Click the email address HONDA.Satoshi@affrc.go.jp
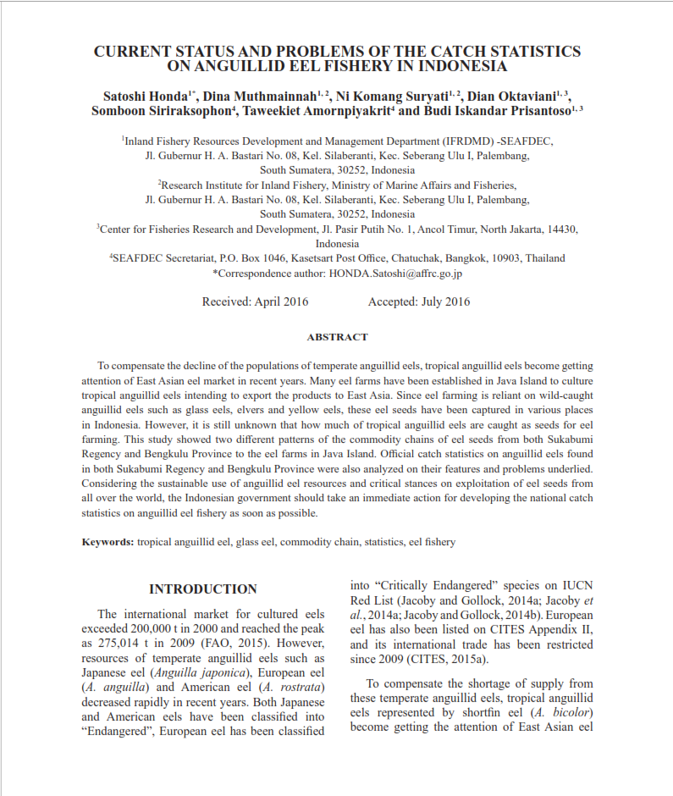(x=395, y=274)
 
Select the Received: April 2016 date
(x=255, y=301)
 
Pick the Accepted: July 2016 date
(x=419, y=301)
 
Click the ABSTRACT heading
(x=337, y=337)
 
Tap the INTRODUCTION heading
(x=203, y=589)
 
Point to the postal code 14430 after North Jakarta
(x=561, y=229)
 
